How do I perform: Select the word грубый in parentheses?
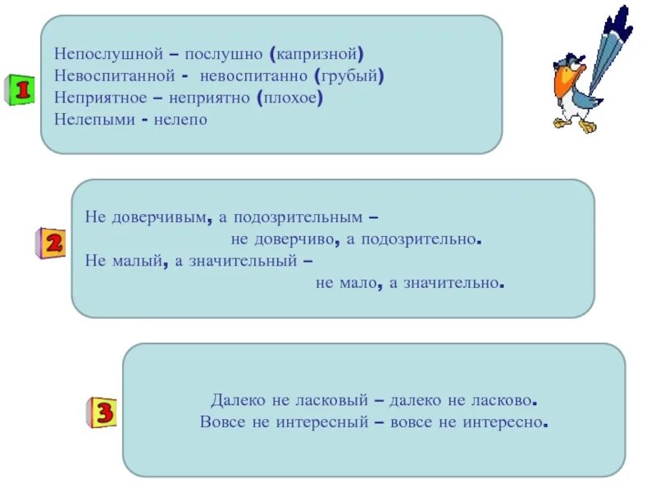tap(349, 76)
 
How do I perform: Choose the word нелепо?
tap(180, 120)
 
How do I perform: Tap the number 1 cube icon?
tap(20, 89)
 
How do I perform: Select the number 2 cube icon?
tap(51, 244)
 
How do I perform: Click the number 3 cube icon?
tap(102, 412)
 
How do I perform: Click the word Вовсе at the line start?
tap(221, 422)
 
